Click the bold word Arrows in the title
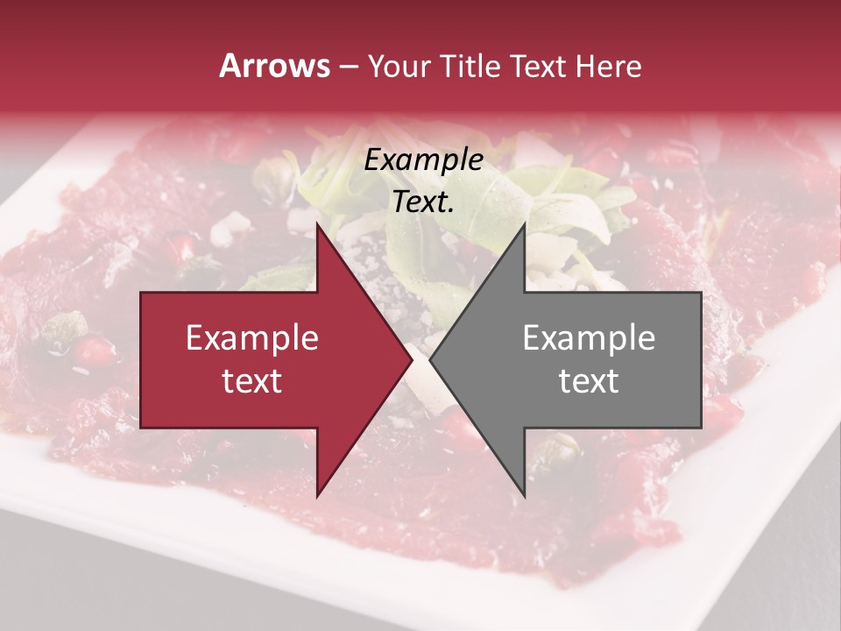[x=274, y=66]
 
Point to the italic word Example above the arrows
[x=423, y=160]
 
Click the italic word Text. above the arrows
[x=423, y=202]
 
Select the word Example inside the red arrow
[x=251, y=338]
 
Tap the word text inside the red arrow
[x=251, y=380]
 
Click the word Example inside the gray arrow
[x=589, y=338]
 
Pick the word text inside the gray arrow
[x=589, y=380]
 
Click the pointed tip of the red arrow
[x=412, y=360]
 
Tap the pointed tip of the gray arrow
[x=430, y=360]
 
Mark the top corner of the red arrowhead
[x=317, y=224]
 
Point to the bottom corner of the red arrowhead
[x=317, y=496]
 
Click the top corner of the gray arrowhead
[x=524, y=224]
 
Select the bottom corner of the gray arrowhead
[x=524, y=496]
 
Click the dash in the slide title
[x=348, y=67]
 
